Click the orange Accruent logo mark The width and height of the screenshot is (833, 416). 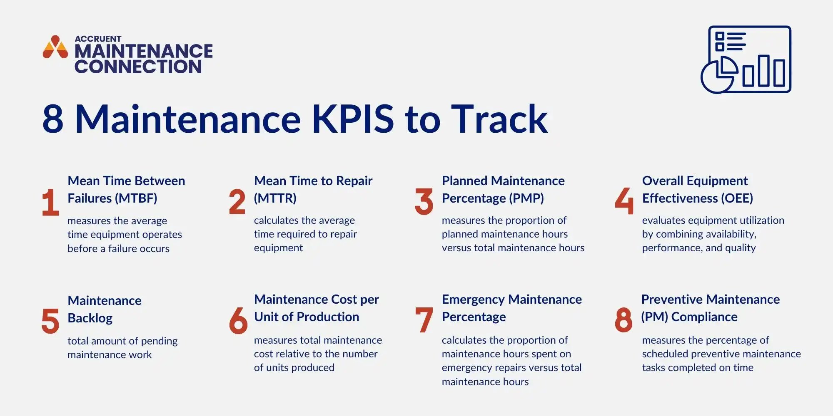pos(55,47)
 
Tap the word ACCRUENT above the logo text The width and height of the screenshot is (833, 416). pos(98,39)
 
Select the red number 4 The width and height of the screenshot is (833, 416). pos(624,201)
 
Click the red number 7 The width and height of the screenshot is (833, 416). pos(424,320)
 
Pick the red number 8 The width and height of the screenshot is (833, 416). pos(623,320)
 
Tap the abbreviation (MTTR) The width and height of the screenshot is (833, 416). pos(275,198)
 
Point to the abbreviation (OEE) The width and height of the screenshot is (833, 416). pos(733,198)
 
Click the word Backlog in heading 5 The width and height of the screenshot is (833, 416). pos(90,318)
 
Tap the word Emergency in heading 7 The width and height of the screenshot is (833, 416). pos(473,300)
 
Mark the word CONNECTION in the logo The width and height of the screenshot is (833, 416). pos(138,67)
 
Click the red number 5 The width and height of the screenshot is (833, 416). pos(50,321)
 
